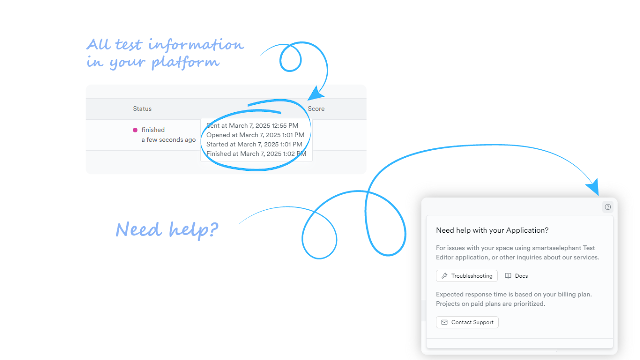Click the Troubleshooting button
467,276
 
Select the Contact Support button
467,322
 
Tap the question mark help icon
608,207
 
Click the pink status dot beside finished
135,130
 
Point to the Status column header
142,109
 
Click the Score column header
316,109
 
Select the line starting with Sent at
252,126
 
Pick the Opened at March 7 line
255,135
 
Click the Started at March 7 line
254,144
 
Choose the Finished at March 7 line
256,154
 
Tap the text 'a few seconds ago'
168,140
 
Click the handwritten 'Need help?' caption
167,230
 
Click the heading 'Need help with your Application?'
492,230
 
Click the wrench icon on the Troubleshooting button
444,276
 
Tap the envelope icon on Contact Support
444,322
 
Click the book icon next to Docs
508,276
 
